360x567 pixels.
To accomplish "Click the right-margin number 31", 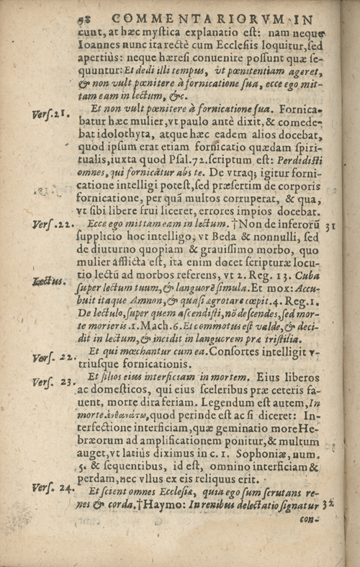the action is pyautogui.click(x=331, y=224).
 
